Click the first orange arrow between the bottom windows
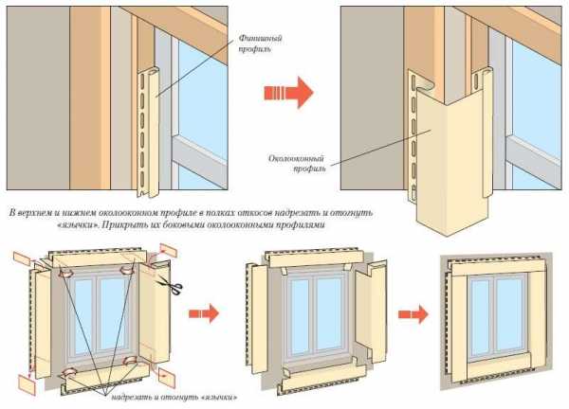tap(204, 312)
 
